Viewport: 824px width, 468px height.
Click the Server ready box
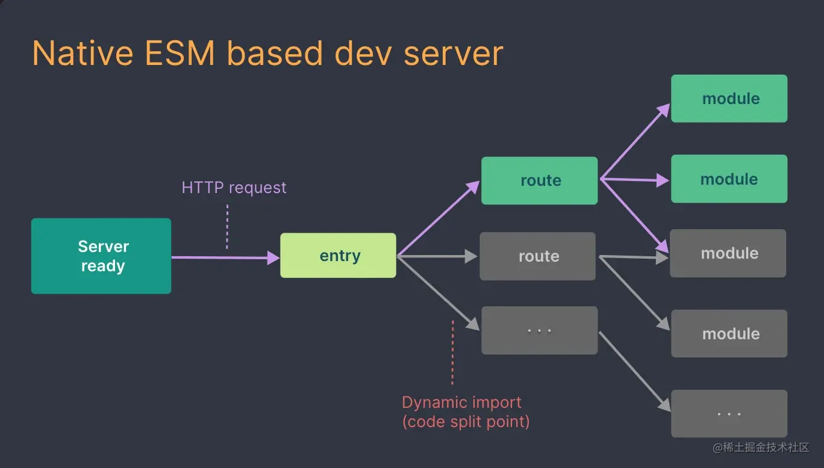click(x=101, y=256)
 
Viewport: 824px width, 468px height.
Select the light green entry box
click(x=338, y=256)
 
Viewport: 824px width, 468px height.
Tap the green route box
click(x=539, y=180)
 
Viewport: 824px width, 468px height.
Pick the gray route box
click(x=537, y=256)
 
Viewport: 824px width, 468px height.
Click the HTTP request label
click(x=234, y=188)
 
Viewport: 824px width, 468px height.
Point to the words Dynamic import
click(x=461, y=402)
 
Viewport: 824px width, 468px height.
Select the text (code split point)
click(x=466, y=422)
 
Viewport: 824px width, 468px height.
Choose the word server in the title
click(x=453, y=54)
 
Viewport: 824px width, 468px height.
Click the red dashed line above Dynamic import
click(x=452, y=353)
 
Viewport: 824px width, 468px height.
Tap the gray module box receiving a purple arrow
click(x=728, y=253)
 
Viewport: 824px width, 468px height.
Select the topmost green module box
click(x=729, y=99)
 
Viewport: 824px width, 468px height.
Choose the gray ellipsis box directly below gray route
click(x=539, y=330)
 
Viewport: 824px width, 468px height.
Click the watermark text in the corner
click(x=761, y=448)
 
